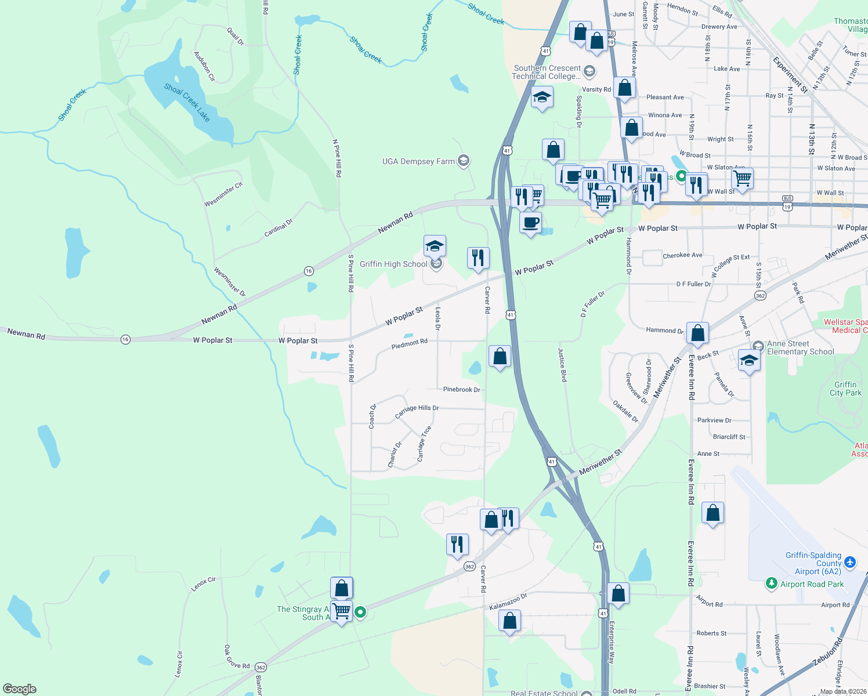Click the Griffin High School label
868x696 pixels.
[393, 264]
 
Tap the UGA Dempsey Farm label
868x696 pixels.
[418, 161]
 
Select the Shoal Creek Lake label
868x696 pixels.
[187, 102]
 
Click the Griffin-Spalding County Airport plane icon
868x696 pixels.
[850, 562]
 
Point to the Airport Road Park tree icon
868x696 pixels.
[771, 583]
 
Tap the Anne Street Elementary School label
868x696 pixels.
[800, 347]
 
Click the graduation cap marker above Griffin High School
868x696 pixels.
[435, 246]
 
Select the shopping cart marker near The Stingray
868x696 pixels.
[342, 611]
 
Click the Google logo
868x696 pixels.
[20, 689]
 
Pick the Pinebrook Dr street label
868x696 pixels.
[461, 389]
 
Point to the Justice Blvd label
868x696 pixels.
[562, 364]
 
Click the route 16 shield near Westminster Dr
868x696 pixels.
[309, 271]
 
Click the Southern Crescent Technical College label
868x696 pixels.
[547, 72]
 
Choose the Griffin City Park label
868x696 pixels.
[845, 389]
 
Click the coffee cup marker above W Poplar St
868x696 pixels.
[530, 223]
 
